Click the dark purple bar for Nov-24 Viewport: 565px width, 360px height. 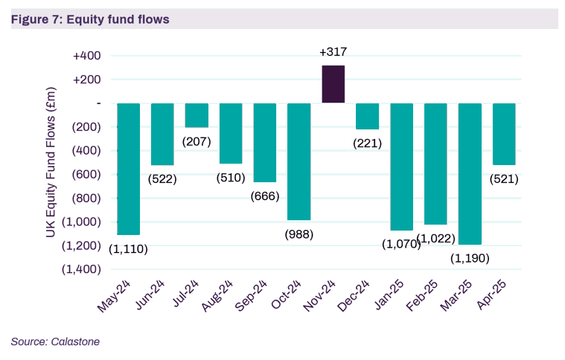pos(333,84)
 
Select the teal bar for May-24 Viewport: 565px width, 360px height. pos(128,169)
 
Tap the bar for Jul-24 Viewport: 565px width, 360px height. pos(197,115)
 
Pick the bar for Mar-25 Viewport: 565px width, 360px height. pos(470,173)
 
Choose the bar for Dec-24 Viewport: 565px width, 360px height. pos(367,116)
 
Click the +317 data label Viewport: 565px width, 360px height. pos(333,52)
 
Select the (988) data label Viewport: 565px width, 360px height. pos(299,234)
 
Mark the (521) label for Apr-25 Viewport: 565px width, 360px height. pos(504,179)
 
